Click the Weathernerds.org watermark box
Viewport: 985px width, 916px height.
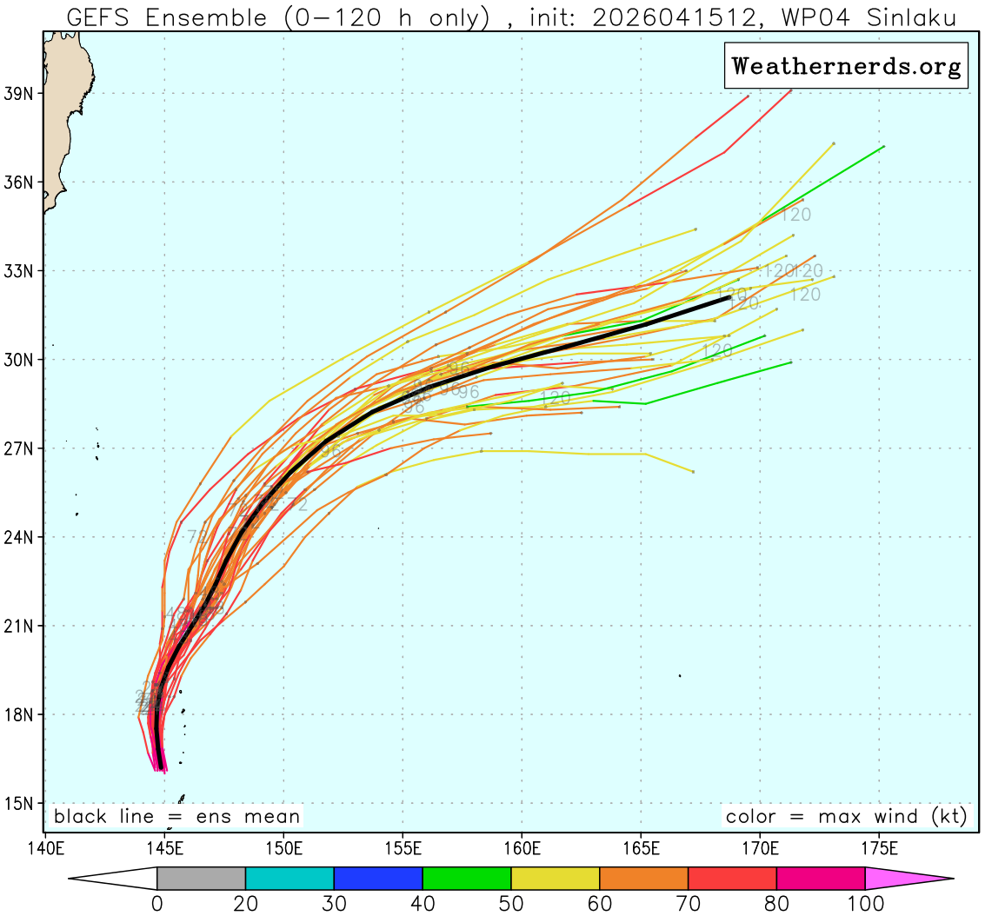tap(846, 66)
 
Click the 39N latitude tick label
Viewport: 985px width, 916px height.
tap(18, 93)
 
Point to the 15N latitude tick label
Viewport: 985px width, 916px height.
tap(18, 804)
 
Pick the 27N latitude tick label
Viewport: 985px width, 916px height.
tap(18, 448)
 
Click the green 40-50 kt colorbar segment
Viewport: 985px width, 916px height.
tap(467, 879)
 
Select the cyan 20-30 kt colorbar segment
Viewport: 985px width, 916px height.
tap(290, 879)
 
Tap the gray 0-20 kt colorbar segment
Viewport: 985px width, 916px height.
tap(201, 879)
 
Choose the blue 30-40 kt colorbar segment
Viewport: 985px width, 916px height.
tap(378, 879)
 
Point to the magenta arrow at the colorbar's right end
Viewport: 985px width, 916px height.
tap(908, 879)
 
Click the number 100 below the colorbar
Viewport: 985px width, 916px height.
tap(865, 904)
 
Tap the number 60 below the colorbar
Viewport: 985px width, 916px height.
tap(600, 904)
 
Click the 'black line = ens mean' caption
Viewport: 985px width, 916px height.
tap(176, 817)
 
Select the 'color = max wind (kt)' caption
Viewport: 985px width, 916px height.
tap(846, 817)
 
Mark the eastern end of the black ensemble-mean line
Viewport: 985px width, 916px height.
tap(729, 297)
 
